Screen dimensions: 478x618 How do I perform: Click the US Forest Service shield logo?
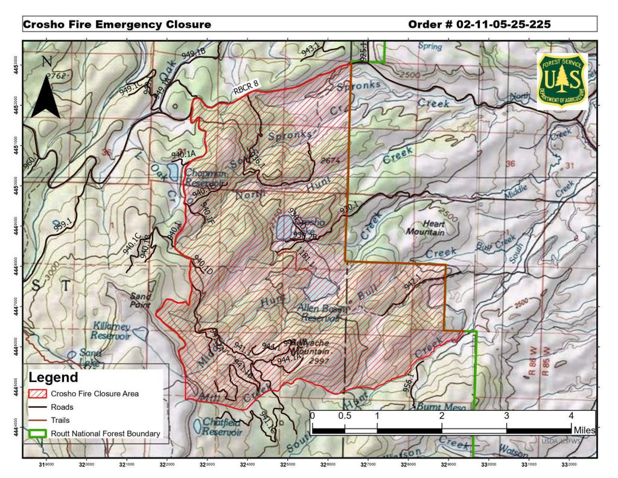[x=561, y=81]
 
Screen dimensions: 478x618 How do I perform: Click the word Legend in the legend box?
[x=54, y=378]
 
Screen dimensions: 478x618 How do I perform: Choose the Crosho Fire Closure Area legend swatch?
[x=37, y=394]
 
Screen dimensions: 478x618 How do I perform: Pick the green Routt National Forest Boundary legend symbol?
[x=37, y=433]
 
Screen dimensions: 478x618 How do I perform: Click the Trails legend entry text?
[x=60, y=420]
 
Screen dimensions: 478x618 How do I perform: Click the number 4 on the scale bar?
[x=571, y=415]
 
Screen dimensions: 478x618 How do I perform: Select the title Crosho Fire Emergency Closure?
[x=117, y=25]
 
